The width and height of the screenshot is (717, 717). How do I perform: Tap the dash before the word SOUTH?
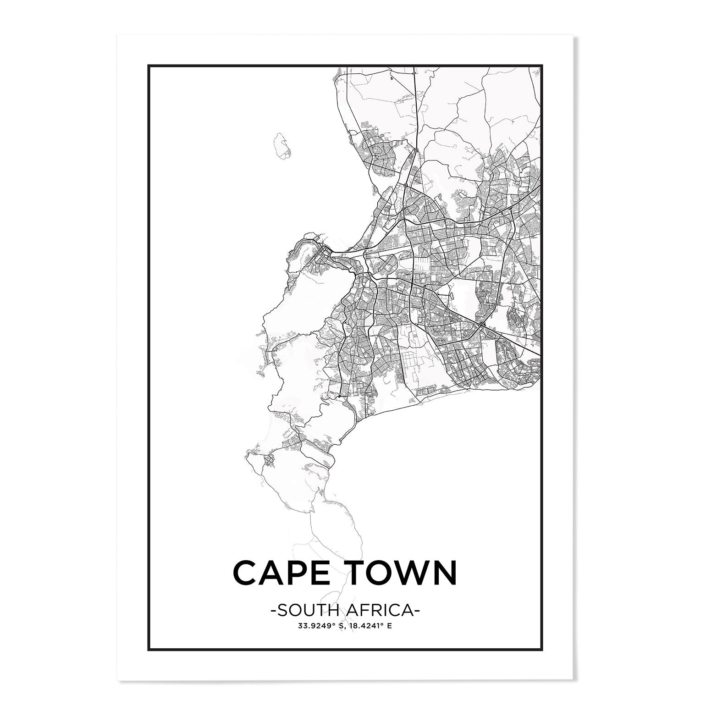click(x=274, y=611)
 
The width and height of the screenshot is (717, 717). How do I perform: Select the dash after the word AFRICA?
click(x=418, y=611)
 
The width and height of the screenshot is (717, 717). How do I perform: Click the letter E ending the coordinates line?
click(x=390, y=625)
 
